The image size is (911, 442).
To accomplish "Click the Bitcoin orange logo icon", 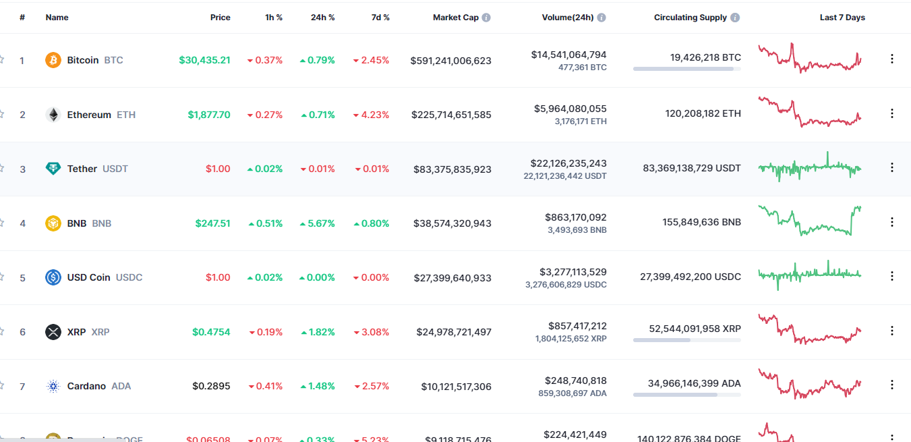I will [x=53, y=61].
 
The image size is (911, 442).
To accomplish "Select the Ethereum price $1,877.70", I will [x=209, y=115].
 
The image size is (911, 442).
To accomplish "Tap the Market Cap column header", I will [x=456, y=18].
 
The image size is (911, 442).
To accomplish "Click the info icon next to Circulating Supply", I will [x=735, y=18].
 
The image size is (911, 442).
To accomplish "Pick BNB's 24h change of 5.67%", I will [x=318, y=223].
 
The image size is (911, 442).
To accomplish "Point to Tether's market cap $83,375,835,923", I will [x=452, y=169].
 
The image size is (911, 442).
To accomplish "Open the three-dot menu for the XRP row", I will [x=892, y=331].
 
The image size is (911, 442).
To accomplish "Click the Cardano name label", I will [x=86, y=386].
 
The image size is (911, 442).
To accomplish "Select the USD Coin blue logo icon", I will [x=53, y=277].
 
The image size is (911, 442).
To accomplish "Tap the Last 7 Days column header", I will [x=842, y=18].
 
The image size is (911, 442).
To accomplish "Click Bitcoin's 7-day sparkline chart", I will [x=809, y=59].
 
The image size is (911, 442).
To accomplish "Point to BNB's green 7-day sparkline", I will [x=809, y=221].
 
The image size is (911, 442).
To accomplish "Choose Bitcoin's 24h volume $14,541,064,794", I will [x=568, y=55].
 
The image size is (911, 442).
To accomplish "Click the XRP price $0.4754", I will [x=211, y=332].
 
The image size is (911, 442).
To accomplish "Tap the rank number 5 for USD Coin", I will [x=22, y=277].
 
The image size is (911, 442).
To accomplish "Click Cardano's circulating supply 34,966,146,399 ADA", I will [x=695, y=383].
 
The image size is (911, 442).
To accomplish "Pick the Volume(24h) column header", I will [x=568, y=18].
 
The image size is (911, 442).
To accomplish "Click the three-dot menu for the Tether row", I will [x=892, y=167].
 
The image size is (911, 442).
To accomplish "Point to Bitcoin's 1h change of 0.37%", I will [x=265, y=60].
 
